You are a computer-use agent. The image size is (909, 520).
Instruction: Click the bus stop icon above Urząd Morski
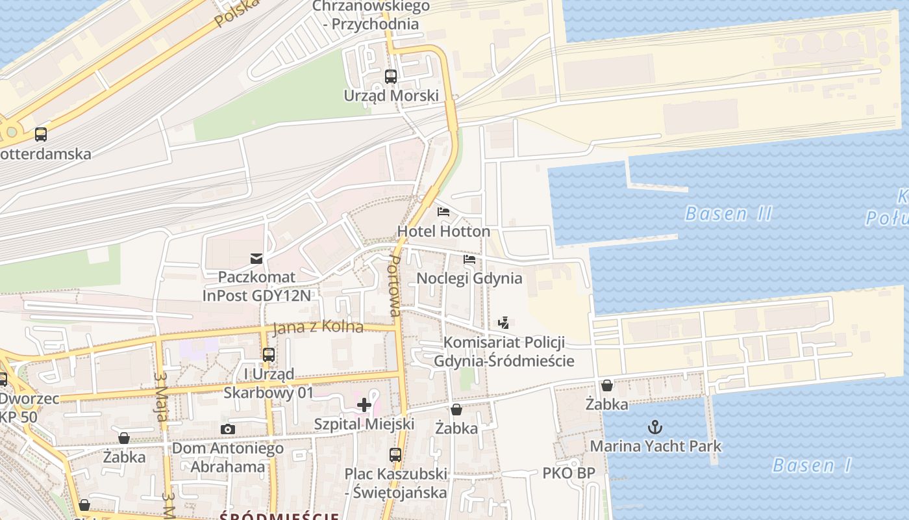point(390,76)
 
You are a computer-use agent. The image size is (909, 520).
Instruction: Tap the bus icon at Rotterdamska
point(41,135)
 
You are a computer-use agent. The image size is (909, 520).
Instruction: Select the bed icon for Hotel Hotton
point(443,212)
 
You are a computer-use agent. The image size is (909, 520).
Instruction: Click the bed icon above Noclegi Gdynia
point(469,259)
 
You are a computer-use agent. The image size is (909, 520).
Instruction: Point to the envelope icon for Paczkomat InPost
point(257,259)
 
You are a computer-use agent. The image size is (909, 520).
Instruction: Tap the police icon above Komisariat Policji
point(503,322)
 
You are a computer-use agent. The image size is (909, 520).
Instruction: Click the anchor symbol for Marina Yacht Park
point(655,427)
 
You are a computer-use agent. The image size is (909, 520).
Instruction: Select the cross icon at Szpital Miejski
point(364,405)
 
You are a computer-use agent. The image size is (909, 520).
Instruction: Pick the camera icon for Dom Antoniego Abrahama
point(227,429)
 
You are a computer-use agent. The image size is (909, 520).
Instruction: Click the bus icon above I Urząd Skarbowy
point(269,355)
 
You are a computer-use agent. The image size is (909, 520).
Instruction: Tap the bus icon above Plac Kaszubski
point(395,454)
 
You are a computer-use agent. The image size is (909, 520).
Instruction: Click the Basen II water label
point(728,213)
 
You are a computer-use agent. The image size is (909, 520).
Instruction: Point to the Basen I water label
point(813,465)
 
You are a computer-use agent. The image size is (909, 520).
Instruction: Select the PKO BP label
point(569,473)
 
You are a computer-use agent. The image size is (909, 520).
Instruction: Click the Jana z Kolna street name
point(318,327)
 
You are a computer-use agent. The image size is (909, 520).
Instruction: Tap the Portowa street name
point(393,285)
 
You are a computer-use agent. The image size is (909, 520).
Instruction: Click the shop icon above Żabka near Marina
point(607,385)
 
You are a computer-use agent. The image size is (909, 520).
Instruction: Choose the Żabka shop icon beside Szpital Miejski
point(456,409)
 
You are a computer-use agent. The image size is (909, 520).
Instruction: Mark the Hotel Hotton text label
point(443,231)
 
